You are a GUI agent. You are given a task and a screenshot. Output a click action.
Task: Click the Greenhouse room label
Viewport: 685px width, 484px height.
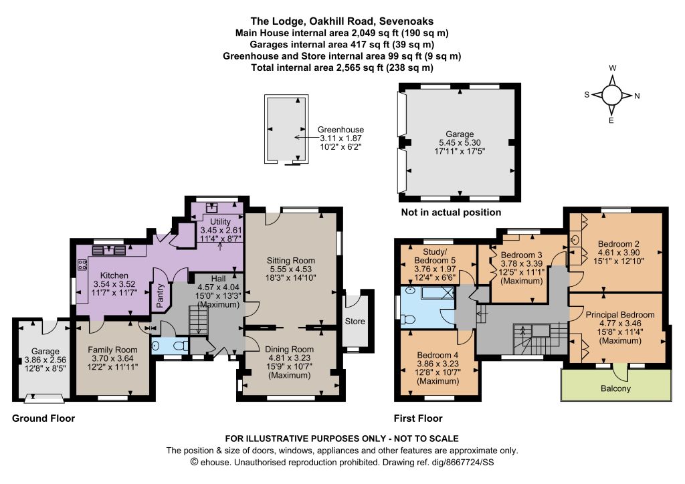(x=340, y=130)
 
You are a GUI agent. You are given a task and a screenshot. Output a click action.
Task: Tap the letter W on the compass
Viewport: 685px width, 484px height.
(x=613, y=68)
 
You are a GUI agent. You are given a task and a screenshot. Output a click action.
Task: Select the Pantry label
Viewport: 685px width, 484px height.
(x=160, y=295)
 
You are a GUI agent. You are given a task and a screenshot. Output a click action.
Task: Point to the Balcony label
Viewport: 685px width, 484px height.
(x=615, y=388)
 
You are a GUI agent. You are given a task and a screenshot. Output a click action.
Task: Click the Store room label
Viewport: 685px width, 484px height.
(x=355, y=321)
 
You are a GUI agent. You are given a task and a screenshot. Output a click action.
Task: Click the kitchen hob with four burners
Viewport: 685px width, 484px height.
(x=82, y=265)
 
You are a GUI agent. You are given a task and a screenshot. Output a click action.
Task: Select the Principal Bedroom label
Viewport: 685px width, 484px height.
(x=620, y=315)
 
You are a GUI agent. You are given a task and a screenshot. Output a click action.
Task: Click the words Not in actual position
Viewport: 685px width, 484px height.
(x=451, y=213)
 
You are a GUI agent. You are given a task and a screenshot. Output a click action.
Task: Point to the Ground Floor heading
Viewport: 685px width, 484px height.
(x=43, y=418)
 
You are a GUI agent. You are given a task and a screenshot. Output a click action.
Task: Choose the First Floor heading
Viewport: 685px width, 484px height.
(x=418, y=418)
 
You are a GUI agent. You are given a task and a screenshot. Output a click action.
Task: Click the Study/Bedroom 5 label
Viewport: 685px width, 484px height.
(x=435, y=256)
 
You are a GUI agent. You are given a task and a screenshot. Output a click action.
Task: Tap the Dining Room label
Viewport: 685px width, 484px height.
(x=289, y=349)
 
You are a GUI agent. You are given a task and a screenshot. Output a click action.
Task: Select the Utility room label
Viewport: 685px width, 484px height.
(x=220, y=222)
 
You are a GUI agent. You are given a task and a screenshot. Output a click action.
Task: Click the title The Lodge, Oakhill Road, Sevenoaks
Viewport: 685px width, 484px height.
(x=342, y=21)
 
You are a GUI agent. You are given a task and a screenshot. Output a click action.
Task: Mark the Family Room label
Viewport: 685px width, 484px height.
(x=112, y=350)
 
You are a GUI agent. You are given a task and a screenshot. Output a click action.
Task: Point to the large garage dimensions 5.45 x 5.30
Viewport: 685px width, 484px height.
(x=460, y=142)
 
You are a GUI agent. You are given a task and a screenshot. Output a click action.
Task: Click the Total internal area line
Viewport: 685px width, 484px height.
(x=342, y=68)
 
